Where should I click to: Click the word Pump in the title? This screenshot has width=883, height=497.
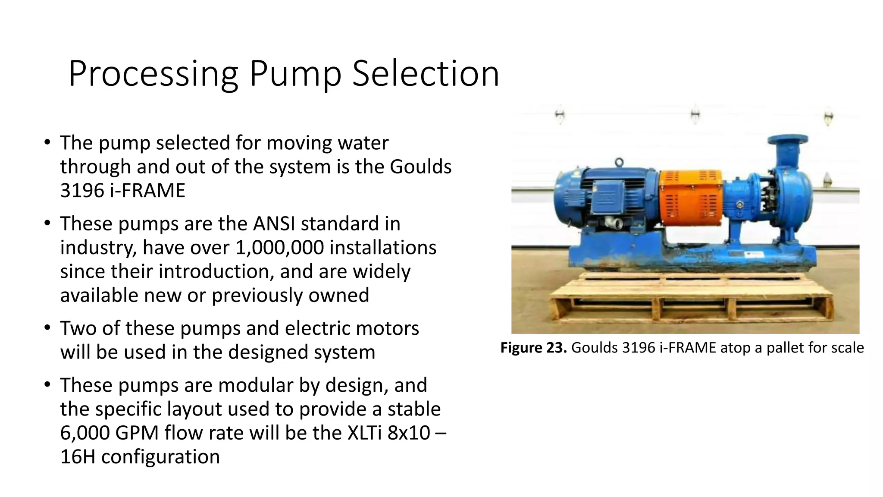(295, 75)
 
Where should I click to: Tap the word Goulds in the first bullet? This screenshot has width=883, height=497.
(420, 167)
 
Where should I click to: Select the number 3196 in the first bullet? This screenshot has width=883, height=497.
(82, 191)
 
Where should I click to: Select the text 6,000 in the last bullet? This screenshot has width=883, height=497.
(84, 433)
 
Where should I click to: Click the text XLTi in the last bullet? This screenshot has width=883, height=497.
(364, 433)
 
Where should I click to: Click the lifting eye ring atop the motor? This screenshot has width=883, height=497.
(619, 163)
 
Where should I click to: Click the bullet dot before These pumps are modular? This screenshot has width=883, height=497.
(47, 384)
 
